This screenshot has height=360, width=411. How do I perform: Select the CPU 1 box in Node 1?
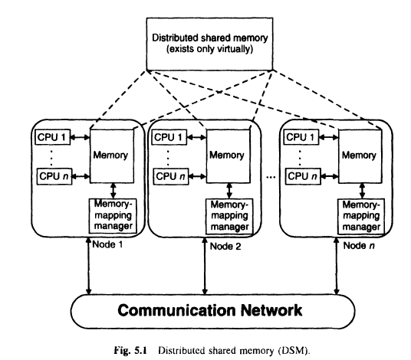click(52, 137)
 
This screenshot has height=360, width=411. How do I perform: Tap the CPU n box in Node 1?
click(52, 177)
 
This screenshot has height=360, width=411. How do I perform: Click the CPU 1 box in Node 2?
click(170, 137)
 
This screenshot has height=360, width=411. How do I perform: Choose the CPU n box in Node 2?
click(170, 177)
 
